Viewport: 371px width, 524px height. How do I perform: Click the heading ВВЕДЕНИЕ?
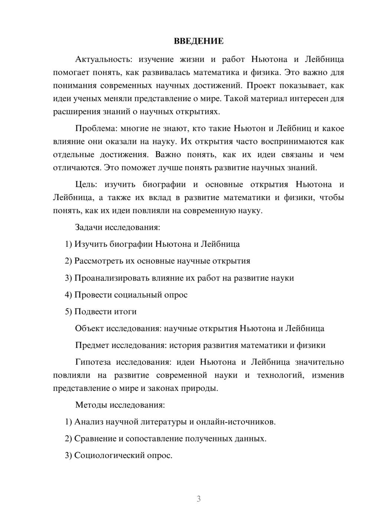(x=198, y=41)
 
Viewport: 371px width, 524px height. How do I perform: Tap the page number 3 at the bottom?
(x=198, y=499)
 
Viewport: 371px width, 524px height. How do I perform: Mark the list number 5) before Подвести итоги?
(x=68, y=312)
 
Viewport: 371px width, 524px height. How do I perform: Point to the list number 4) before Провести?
(x=68, y=295)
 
